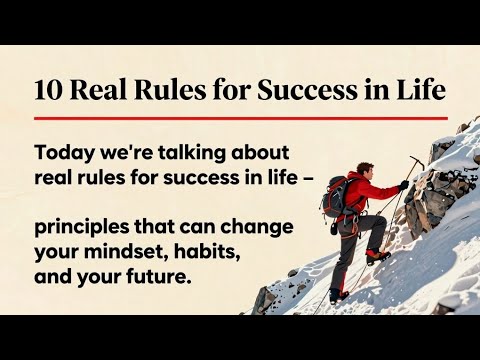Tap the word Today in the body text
click(62, 154)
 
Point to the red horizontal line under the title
click(240, 118)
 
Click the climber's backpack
click(334, 197)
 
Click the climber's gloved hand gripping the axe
click(404, 184)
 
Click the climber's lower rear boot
click(338, 295)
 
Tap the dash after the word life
click(282, 177)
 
